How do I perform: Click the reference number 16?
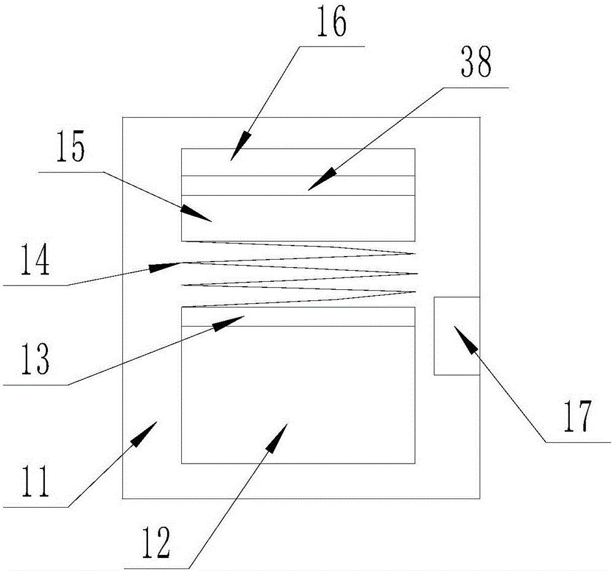tap(332, 23)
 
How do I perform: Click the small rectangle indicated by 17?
tap(456, 335)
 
